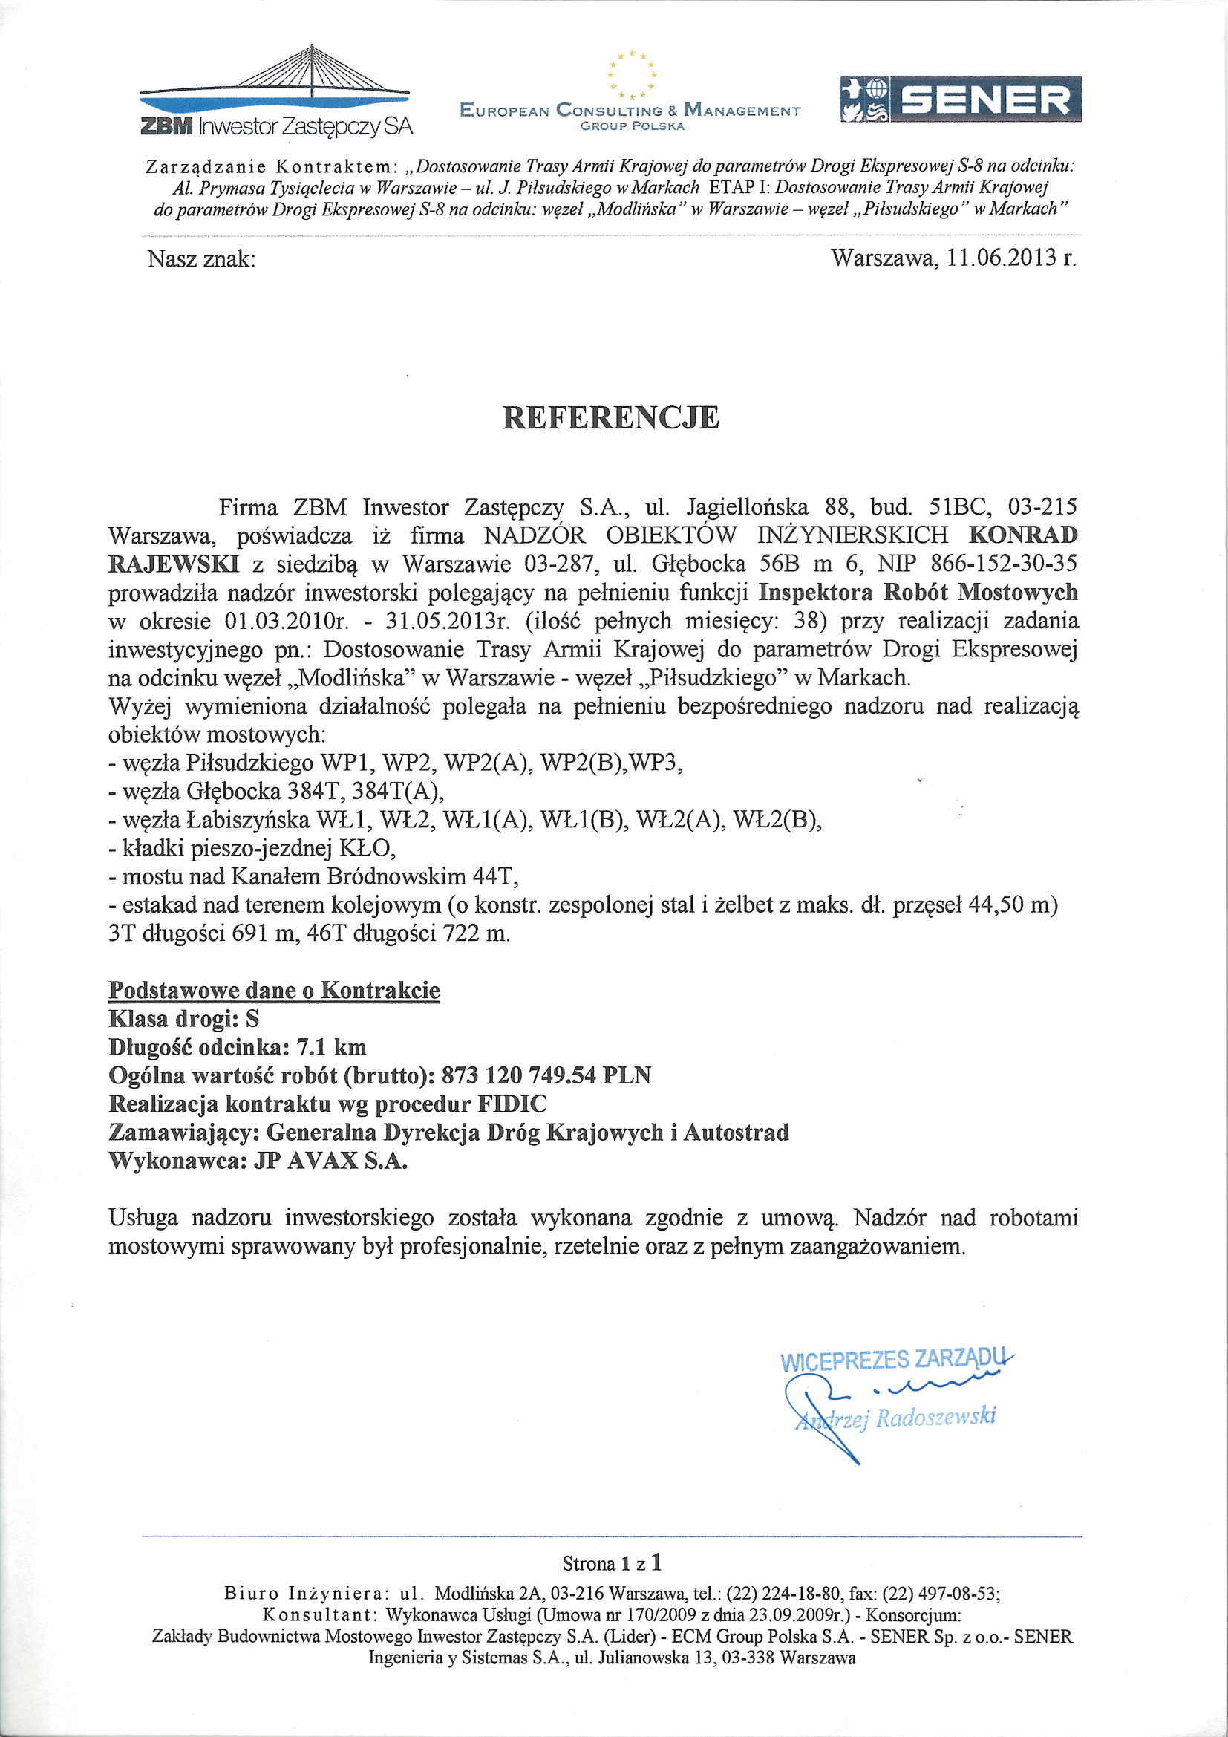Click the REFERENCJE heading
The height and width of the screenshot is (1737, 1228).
coord(611,417)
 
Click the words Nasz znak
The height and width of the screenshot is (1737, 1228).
coord(201,259)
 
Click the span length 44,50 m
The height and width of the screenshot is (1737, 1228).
coord(1009,905)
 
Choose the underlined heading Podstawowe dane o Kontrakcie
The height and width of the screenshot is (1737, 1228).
coord(275,991)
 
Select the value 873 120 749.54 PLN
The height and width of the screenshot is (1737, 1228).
coord(546,1075)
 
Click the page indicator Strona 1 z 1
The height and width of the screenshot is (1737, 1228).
coord(613,1562)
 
